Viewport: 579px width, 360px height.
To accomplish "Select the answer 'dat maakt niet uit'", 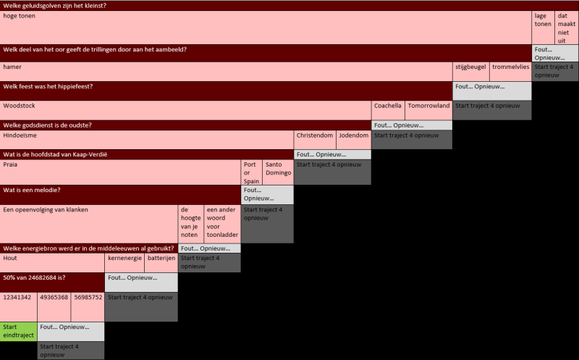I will point(567,27).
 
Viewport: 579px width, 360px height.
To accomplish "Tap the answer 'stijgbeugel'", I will point(470,71).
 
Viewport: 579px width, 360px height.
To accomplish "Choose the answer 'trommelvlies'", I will point(510,71).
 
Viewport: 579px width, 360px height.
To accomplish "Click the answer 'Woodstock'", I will point(186,109).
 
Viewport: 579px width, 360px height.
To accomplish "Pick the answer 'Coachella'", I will point(388,109).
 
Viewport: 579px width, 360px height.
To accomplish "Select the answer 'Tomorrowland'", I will point(428,109).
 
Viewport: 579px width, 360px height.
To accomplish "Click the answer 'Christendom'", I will point(315,140).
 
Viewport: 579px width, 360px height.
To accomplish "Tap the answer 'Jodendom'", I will point(354,140).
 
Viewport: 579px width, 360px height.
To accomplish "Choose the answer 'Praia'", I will point(121,172).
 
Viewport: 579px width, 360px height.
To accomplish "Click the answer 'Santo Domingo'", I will point(278,172).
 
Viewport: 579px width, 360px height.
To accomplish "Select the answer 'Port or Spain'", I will point(251,172).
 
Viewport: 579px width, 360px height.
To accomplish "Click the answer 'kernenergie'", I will point(125,262).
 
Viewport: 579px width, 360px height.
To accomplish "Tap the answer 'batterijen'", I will point(161,262).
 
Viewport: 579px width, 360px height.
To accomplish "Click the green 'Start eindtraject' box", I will point(18,331).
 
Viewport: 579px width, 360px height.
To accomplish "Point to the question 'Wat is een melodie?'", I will point(120,191).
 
